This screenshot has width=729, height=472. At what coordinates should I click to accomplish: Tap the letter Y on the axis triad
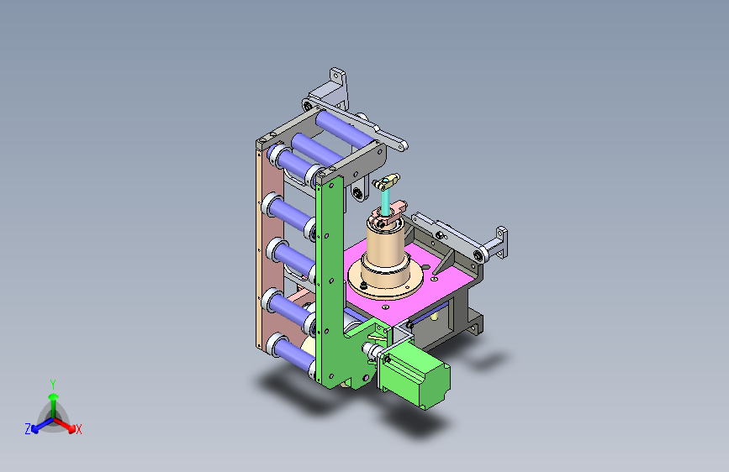coord(53,385)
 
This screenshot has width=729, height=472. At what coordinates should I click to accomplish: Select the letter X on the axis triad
coord(78,430)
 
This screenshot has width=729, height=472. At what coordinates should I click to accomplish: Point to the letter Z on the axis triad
coord(28,429)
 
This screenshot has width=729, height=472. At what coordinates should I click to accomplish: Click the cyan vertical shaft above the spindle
coord(385,201)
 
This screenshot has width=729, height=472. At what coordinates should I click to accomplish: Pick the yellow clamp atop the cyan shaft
coord(386,181)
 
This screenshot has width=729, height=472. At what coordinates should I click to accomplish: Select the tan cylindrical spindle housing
coord(385,253)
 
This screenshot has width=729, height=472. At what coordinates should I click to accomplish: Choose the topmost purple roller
coord(343,128)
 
